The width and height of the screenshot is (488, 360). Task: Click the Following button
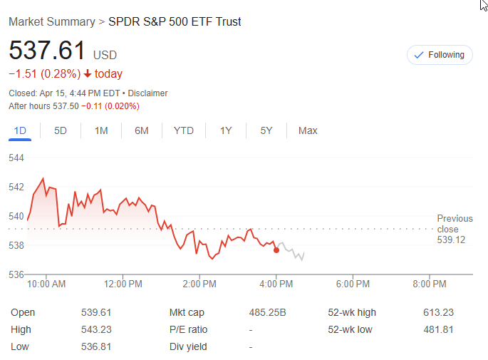(440, 55)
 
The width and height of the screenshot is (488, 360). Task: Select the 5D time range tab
(61, 130)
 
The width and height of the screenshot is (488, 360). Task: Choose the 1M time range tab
(101, 130)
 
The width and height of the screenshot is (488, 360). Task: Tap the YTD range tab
(184, 130)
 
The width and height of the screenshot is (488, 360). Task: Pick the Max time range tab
(308, 130)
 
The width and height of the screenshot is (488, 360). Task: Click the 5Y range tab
(266, 130)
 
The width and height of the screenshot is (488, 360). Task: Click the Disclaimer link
(149, 93)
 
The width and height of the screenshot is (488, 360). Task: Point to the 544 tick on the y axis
(16, 158)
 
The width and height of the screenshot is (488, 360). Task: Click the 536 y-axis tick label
(16, 274)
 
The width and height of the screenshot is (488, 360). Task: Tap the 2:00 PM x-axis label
(199, 284)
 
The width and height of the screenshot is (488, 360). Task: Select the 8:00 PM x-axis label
(430, 284)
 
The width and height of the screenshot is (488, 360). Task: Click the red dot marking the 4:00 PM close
(276, 250)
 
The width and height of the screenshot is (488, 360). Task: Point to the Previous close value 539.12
(451, 240)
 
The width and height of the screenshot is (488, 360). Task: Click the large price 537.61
(47, 51)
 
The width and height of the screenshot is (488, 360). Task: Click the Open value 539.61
(96, 312)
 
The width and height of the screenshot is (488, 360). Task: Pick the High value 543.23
(96, 329)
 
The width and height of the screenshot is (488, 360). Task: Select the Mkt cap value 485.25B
(268, 312)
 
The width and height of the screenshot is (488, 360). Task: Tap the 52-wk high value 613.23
(438, 312)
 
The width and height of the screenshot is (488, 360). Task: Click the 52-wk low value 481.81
(438, 329)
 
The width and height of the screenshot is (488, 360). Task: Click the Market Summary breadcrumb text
(51, 21)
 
